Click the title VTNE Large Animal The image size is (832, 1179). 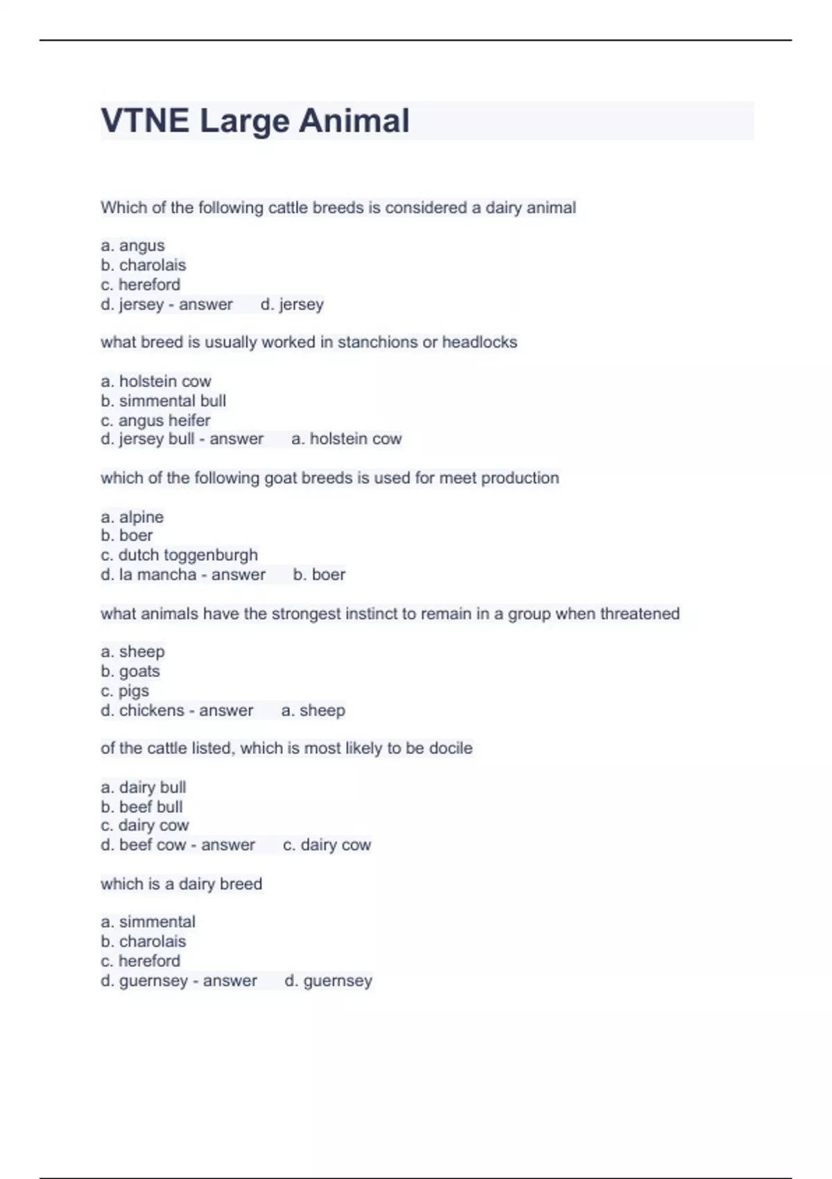[x=255, y=121]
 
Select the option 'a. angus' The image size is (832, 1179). [x=132, y=246]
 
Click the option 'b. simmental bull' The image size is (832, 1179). [x=163, y=401]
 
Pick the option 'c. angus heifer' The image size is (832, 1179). [x=155, y=420]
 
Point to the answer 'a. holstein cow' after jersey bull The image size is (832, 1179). [x=347, y=439]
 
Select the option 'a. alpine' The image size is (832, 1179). [x=132, y=517]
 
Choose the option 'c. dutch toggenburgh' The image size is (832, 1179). [x=179, y=555]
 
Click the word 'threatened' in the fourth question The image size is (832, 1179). [x=639, y=614]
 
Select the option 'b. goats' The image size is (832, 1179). [x=130, y=671]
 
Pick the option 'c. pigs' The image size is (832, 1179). [x=125, y=691]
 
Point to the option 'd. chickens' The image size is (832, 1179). [x=142, y=710]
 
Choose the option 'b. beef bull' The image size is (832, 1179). [x=141, y=807]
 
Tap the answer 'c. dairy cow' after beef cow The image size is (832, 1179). [x=327, y=845]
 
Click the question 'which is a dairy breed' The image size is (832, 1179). [x=181, y=884]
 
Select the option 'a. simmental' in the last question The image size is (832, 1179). [x=148, y=922]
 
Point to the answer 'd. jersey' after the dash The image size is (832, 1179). [x=292, y=304]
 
